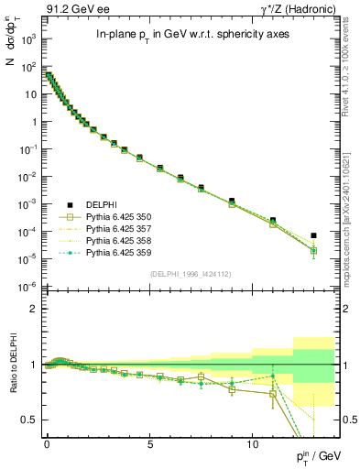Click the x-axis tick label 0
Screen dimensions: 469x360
(47, 442)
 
